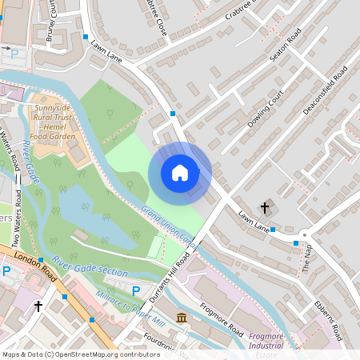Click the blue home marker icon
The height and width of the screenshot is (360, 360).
180,173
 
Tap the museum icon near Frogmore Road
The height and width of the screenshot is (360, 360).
182,318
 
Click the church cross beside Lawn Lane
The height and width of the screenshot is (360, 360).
266,208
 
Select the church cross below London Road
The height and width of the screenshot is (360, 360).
38,306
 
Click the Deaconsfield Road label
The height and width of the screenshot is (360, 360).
326,87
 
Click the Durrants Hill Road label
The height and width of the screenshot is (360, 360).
169,281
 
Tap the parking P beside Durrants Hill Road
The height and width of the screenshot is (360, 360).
136,291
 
